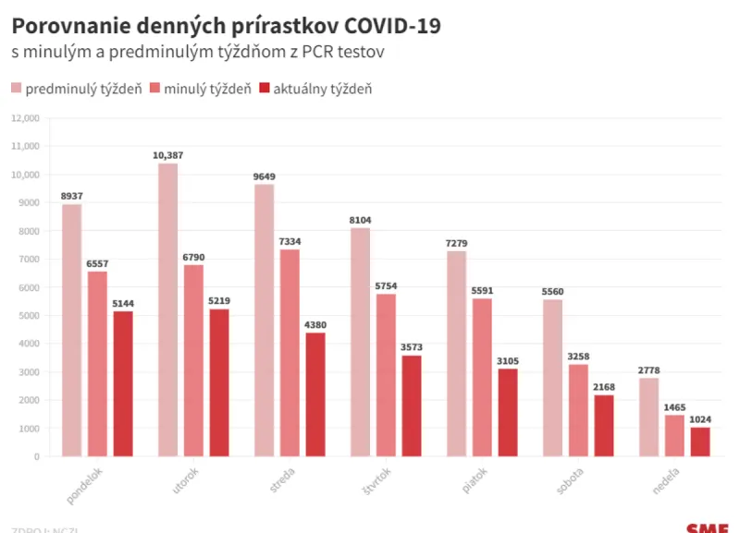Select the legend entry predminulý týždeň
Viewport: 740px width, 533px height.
pyautogui.click(x=77, y=89)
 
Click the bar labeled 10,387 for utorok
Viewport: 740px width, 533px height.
pyautogui.click(x=167, y=309)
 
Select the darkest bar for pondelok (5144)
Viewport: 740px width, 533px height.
pyautogui.click(x=123, y=383)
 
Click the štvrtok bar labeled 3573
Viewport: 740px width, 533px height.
pyautogui.click(x=412, y=406)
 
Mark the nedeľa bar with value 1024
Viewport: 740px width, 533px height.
pyautogui.click(x=700, y=442)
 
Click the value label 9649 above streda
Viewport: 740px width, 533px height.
pyautogui.click(x=264, y=176)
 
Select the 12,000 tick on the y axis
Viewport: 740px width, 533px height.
pyautogui.click(x=25, y=118)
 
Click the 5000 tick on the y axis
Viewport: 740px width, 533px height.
pyautogui.click(x=28, y=316)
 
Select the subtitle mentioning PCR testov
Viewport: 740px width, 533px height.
pyautogui.click(x=198, y=53)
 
